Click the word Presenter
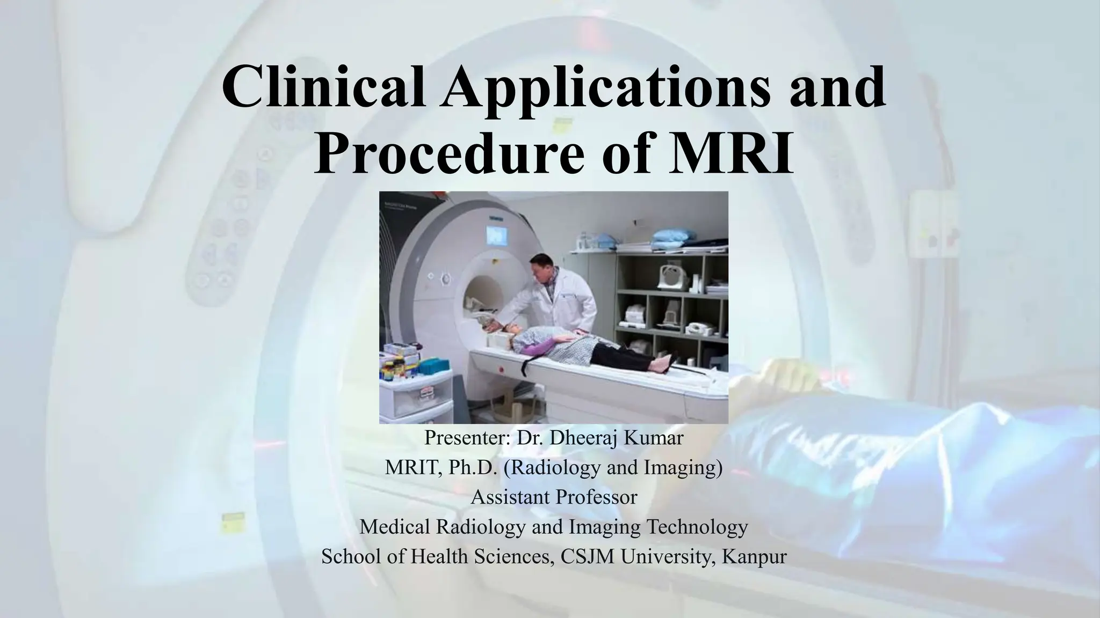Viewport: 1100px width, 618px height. pos(466,438)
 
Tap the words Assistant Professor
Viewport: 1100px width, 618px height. pos(554,497)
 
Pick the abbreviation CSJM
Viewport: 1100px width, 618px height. pos(588,556)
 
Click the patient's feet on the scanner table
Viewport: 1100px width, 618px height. pos(662,365)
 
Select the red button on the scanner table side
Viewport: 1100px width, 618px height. pos(501,369)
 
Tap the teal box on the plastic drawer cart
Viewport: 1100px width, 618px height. pos(437,366)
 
